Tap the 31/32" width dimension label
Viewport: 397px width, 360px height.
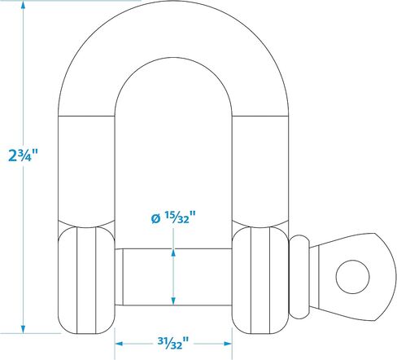coord(173,343)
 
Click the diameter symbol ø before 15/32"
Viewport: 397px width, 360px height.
coord(155,219)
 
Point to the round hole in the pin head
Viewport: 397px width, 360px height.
coord(352,277)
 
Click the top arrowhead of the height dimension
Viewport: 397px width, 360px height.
coord(24,6)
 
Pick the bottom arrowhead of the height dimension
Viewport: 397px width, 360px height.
coord(24,329)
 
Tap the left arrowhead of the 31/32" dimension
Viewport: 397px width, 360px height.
coord(119,344)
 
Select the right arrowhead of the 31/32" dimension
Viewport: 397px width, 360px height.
coord(228,344)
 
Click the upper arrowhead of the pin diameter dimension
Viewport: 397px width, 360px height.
coord(173,253)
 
